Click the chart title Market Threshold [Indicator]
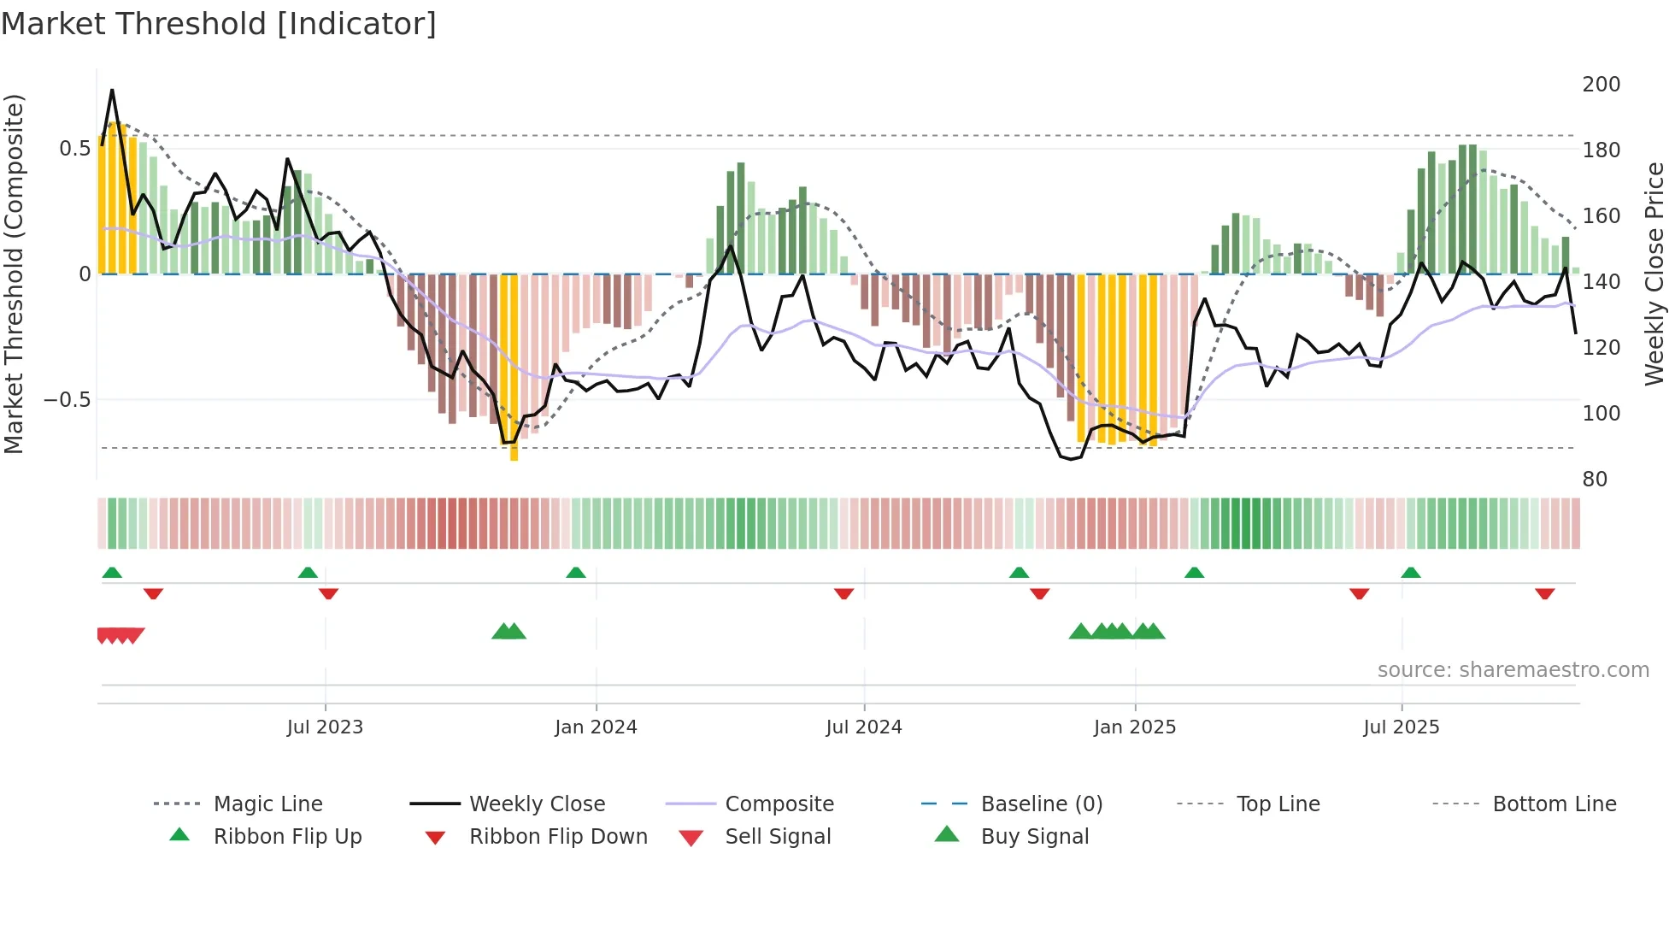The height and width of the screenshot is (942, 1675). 219,24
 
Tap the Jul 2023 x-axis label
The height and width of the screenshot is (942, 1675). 325,727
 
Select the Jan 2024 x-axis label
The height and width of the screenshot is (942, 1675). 596,727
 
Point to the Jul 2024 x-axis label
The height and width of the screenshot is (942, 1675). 864,727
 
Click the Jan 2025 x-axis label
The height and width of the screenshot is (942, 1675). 1135,727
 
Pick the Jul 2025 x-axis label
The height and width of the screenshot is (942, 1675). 1402,727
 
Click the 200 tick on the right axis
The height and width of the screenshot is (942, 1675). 1602,85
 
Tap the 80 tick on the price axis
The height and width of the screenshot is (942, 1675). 1595,480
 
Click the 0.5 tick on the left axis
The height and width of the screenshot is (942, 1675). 74,149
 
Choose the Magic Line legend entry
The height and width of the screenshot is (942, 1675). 267,804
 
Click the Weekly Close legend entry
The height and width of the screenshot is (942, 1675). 537,804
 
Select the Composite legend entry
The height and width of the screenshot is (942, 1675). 779,804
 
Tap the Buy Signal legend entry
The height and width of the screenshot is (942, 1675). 1034,837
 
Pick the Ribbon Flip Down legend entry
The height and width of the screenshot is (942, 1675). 558,837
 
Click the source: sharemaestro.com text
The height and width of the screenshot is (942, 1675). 1513,670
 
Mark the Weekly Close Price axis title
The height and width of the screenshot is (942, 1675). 1655,274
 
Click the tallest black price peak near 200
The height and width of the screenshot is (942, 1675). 112,91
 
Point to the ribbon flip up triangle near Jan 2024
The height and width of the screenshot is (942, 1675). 576,573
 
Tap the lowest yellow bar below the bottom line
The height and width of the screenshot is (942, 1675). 514,453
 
